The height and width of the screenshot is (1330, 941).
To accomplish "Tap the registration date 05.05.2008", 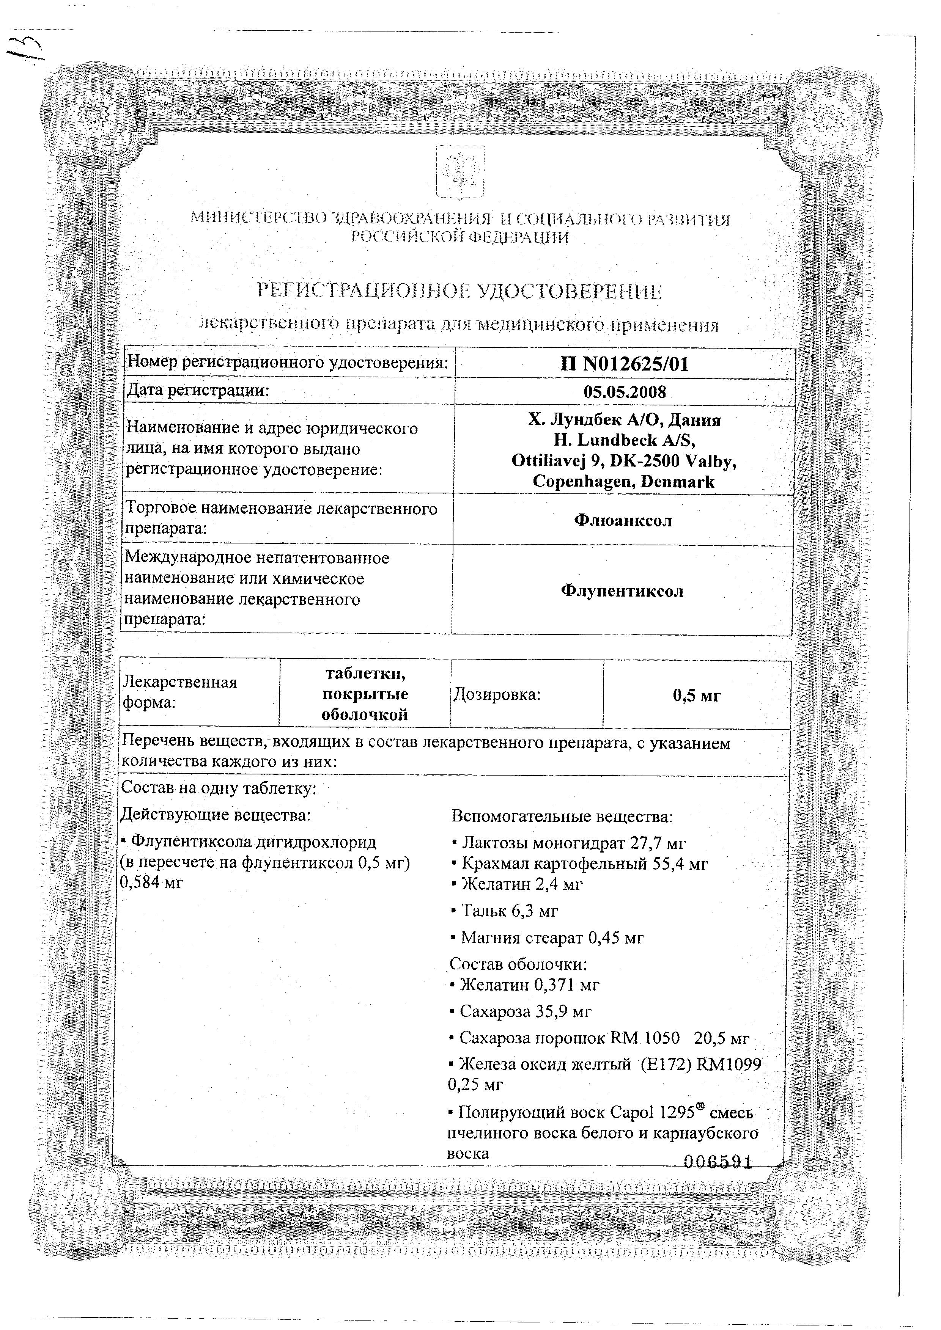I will (625, 392).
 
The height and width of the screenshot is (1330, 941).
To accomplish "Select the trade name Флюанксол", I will (623, 520).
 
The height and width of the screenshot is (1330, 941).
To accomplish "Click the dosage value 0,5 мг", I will (697, 696).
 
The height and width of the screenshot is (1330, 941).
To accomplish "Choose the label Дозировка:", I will (497, 694).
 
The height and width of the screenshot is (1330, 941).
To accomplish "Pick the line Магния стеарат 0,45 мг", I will (547, 938).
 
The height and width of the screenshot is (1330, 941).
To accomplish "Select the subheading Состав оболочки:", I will (519, 964).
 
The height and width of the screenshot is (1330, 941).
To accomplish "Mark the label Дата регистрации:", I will (198, 390).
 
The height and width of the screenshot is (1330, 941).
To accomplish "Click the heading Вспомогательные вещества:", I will (562, 817).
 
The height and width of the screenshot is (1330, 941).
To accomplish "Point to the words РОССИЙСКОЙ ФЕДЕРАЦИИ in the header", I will (461, 237).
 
